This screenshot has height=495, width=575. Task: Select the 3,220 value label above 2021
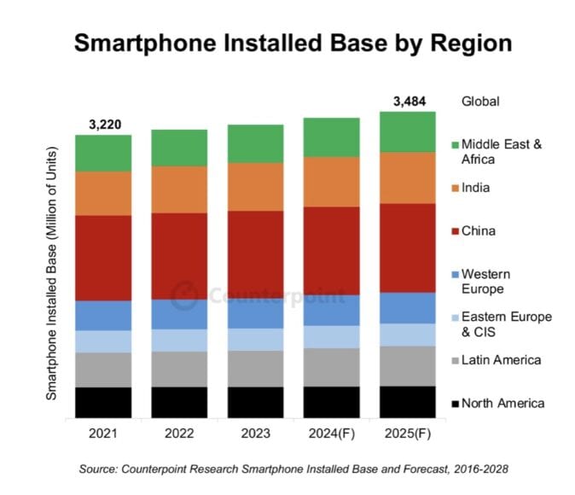pyautogui.click(x=102, y=125)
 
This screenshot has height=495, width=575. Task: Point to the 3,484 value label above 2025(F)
pyautogui.click(x=408, y=102)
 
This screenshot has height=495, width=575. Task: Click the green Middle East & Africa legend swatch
pyautogui.click(x=456, y=145)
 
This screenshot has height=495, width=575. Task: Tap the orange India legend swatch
pyautogui.click(x=456, y=188)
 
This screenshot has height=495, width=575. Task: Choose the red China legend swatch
pyautogui.click(x=456, y=231)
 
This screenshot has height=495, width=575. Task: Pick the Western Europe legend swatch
pyautogui.click(x=456, y=275)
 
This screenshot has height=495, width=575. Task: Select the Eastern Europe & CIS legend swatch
pyautogui.click(x=456, y=317)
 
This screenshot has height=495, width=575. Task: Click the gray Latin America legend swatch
pyautogui.click(x=456, y=360)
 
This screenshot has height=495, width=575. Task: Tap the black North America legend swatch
pyautogui.click(x=456, y=404)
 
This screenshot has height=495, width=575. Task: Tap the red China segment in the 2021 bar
pyautogui.click(x=102, y=258)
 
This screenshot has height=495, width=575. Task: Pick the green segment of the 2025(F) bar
pyautogui.click(x=408, y=131)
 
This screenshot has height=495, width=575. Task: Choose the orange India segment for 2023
pyautogui.click(x=255, y=186)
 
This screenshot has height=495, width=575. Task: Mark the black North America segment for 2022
pyautogui.click(x=179, y=402)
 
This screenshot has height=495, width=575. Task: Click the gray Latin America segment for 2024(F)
pyautogui.click(x=331, y=367)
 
